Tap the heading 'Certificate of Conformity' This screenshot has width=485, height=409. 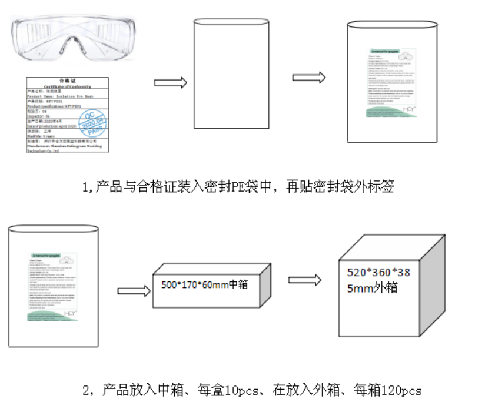(x=67, y=85)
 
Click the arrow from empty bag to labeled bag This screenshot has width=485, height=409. (x=308, y=78)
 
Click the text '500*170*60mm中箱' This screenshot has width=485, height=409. (x=204, y=284)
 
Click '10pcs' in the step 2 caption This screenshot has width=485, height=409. (x=251, y=390)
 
